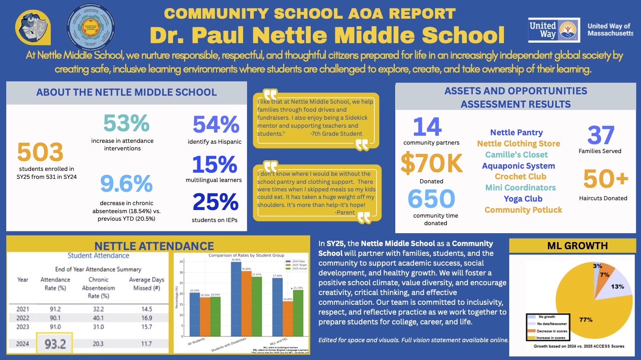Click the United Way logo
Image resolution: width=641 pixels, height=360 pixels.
coord(554,30)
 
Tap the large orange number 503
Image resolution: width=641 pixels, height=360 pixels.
coord(40,153)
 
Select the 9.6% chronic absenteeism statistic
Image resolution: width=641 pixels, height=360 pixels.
coord(126,184)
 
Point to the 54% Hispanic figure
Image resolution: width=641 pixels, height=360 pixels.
coord(216,125)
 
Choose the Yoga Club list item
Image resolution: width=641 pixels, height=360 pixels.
coord(523,198)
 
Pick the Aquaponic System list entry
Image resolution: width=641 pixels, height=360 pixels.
coord(518,166)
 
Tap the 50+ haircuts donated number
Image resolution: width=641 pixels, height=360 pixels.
coord(605,179)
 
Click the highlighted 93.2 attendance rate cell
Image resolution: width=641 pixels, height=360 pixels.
coord(55,344)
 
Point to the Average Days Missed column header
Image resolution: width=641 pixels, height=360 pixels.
coord(146,283)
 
